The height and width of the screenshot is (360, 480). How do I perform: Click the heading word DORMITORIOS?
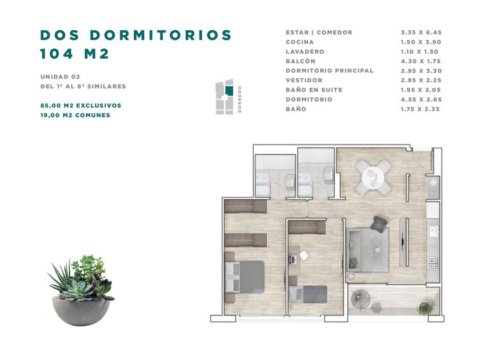(x=161, y=35)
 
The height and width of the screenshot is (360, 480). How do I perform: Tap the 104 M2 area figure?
(x=74, y=54)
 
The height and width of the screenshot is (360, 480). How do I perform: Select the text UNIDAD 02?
(x=61, y=77)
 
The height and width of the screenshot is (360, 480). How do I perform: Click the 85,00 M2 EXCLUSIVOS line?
(x=81, y=106)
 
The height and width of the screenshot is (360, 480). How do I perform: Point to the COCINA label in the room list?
(x=299, y=42)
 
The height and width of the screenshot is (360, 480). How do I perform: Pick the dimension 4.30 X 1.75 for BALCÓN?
(x=421, y=61)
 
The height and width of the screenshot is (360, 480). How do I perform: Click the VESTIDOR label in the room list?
(x=304, y=80)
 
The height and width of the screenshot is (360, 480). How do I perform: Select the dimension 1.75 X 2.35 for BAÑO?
(x=421, y=109)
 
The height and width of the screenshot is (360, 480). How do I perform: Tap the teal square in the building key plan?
(x=229, y=91)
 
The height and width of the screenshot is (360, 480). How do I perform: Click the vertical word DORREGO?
(x=239, y=99)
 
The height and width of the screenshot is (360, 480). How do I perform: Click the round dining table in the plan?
(x=373, y=178)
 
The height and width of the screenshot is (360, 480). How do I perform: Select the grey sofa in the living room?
(x=368, y=250)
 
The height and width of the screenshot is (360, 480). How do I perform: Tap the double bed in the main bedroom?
(x=245, y=277)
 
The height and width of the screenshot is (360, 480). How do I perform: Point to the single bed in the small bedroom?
(x=307, y=294)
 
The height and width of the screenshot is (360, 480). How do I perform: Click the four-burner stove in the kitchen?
(x=433, y=263)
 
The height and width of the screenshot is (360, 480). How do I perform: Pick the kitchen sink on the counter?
(x=433, y=232)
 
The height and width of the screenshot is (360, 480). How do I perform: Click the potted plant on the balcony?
(x=426, y=307)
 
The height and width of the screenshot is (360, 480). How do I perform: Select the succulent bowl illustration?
(x=81, y=290)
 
